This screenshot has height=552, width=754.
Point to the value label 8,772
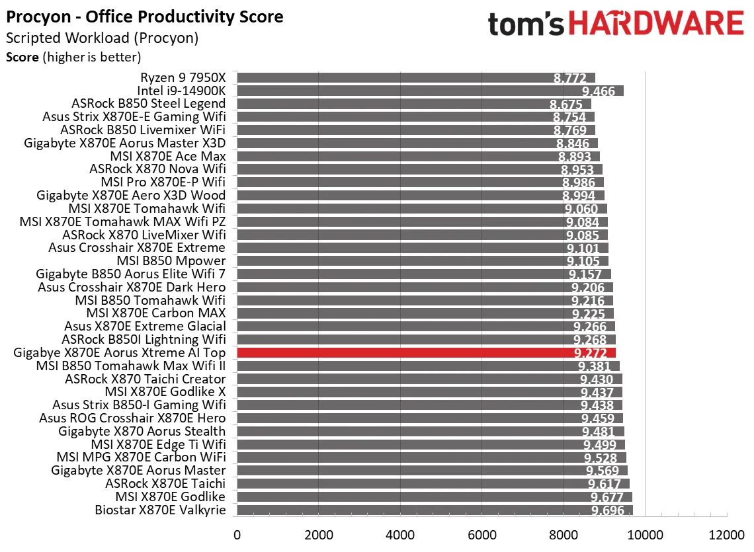tap(569, 78)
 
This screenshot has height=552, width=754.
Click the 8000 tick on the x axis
tap(564, 533)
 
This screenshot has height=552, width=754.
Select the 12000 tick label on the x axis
tap(727, 533)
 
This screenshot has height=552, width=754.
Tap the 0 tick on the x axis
tap(236, 533)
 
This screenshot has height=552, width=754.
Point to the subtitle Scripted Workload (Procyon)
tap(102, 38)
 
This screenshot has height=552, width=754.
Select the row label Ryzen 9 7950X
tap(183, 77)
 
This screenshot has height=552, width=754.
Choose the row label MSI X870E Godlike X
tap(165, 392)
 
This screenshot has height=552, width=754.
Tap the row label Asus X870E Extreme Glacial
tap(145, 326)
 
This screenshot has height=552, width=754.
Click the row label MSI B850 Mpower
tap(171, 260)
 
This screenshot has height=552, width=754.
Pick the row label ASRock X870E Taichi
tap(165, 483)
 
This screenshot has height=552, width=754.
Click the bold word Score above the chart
tap(22, 57)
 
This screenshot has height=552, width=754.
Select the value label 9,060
tap(583, 209)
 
